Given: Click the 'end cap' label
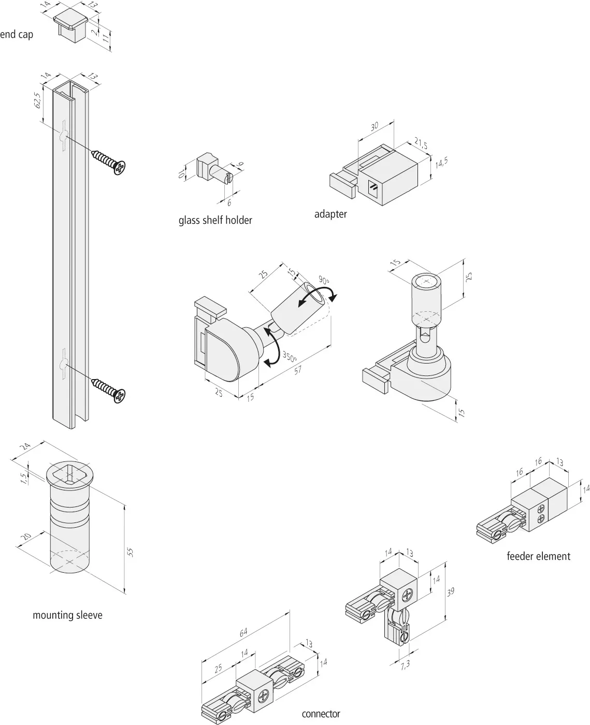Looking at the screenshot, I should (x=16, y=35).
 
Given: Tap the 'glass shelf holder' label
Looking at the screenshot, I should (x=215, y=221).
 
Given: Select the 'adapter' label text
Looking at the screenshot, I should (x=330, y=214).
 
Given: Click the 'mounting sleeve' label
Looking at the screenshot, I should (x=67, y=615).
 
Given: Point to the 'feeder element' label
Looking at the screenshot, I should (x=538, y=556).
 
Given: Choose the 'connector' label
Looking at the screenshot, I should (x=321, y=714).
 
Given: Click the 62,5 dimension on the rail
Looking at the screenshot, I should (x=37, y=100).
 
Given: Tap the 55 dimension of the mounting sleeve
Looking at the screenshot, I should (x=131, y=552).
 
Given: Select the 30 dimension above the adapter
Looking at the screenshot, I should (x=375, y=126).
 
